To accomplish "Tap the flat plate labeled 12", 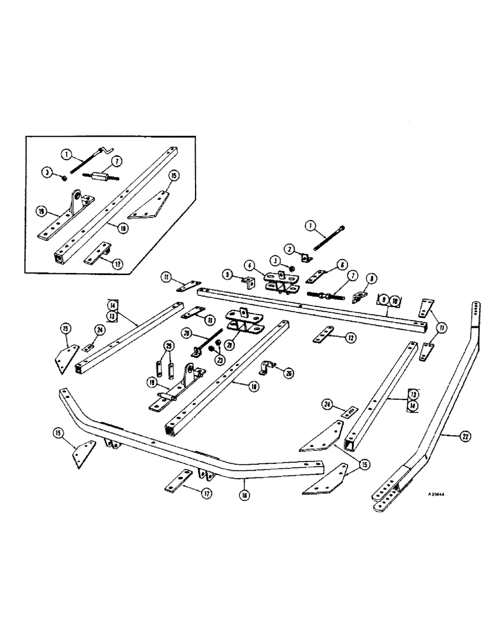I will click(x=323, y=336).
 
